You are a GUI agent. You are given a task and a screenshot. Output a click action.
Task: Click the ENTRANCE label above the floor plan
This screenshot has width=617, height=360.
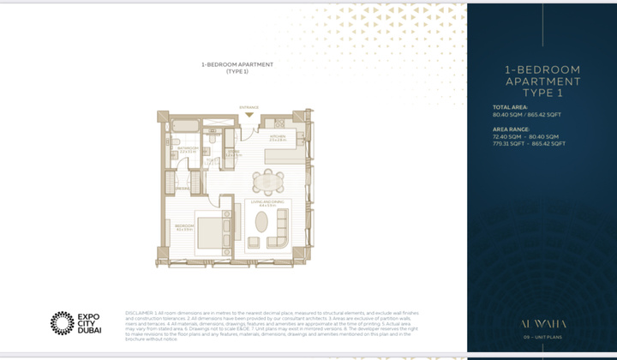tap(249, 108)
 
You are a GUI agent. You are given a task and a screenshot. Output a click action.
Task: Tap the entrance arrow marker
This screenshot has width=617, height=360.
tap(249, 114)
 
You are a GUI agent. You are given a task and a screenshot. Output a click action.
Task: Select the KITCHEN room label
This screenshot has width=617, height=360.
tap(278, 137)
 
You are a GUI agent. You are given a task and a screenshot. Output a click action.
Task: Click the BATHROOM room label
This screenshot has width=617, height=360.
tap(189, 148)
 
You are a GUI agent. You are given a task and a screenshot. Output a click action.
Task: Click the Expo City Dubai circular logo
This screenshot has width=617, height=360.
tap(62, 322)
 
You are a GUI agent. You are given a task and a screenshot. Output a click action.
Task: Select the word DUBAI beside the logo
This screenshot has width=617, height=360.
tap(90, 330)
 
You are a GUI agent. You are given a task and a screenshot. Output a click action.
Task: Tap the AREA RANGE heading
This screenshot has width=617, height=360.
tap(512, 129)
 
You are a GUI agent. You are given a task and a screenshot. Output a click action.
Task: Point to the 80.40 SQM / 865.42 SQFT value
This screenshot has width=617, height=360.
tap(526, 114)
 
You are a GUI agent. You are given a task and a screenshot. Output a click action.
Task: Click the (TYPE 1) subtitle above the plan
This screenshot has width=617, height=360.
tap(237, 72)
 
